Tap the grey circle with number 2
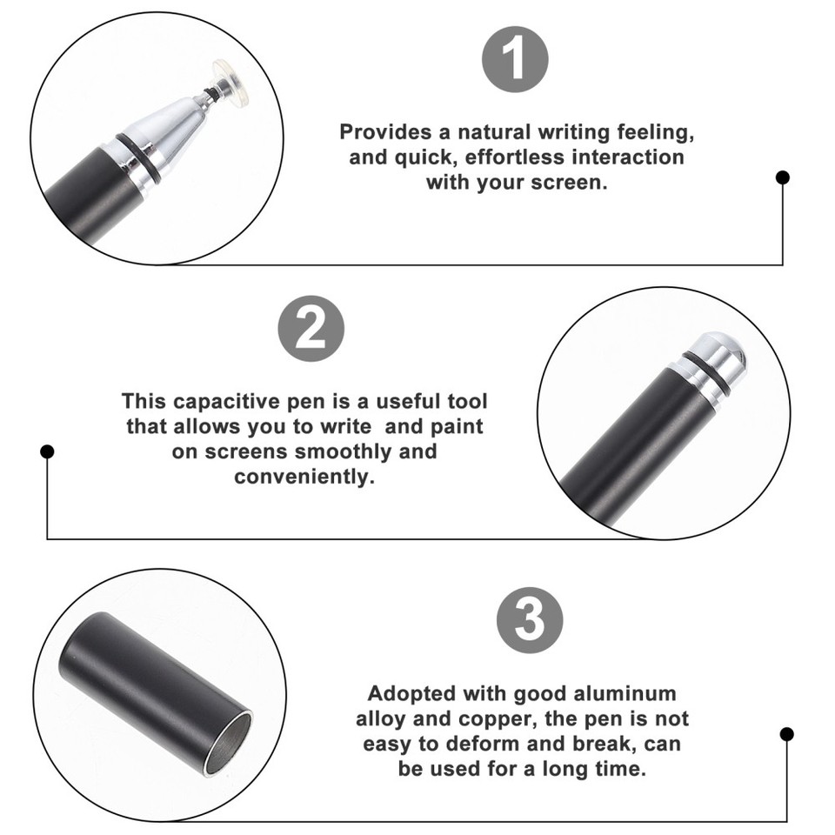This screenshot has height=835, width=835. tap(311, 329)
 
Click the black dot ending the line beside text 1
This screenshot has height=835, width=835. tap(783, 177)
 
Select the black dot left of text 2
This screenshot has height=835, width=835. tap(48, 451)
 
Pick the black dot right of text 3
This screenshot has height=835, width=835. tap(786, 734)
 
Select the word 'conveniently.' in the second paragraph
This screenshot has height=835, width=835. tap(304, 478)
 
